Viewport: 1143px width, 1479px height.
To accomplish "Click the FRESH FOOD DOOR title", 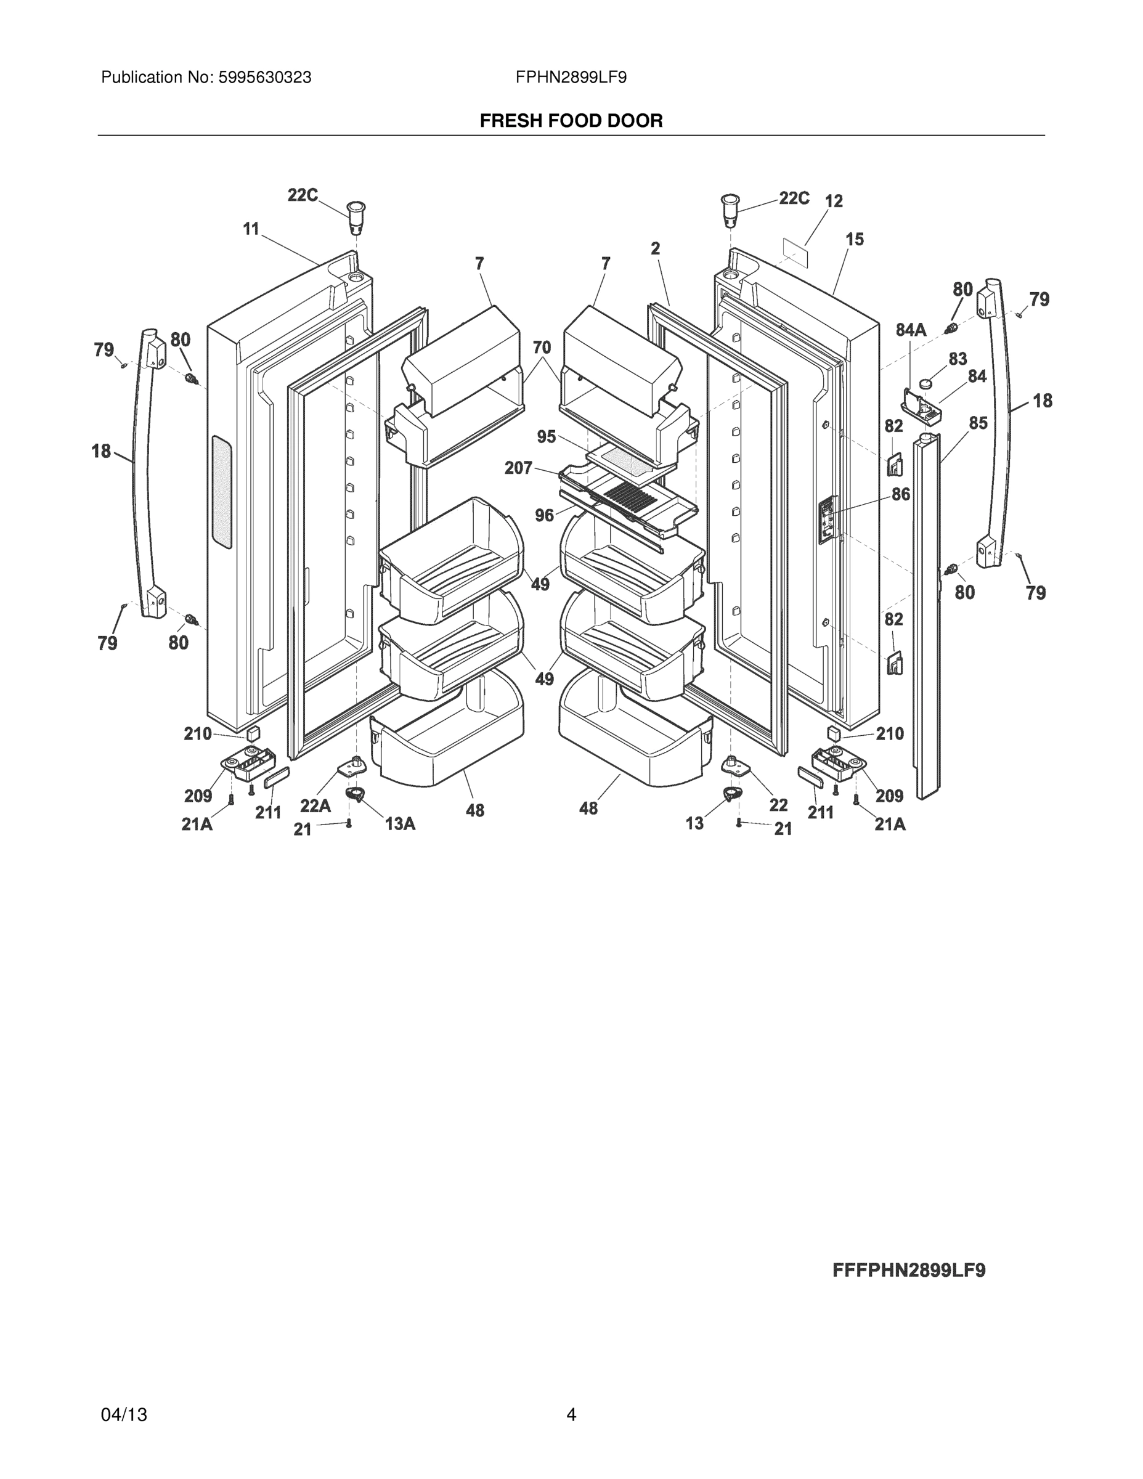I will point(571,121).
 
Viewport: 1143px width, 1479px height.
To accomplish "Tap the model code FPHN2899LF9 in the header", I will point(571,78).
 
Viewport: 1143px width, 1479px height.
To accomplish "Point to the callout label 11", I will point(251,230).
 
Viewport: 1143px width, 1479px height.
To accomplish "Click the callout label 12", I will point(834,201).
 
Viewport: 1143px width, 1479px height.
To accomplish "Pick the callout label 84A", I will point(911,330).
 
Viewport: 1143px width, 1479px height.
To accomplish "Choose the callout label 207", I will point(518,468).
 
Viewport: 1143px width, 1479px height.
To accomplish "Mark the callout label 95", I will point(547,437).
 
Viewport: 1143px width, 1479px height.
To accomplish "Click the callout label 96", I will point(545,516).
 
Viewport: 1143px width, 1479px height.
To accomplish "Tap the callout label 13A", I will point(400,823).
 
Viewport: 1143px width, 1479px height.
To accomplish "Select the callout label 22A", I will point(315,806).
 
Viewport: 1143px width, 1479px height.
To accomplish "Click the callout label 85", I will point(978,423).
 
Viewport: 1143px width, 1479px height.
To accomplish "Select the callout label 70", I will point(542,348).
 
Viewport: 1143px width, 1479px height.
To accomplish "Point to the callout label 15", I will point(855,239).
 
